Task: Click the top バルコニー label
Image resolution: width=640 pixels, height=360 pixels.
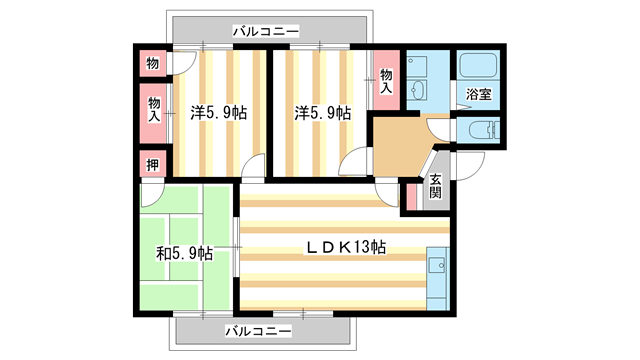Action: pyautogui.click(x=265, y=31)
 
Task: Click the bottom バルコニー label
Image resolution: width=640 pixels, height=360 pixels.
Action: pyautogui.click(x=257, y=330)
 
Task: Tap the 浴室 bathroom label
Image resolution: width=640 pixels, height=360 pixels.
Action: pyautogui.click(x=478, y=94)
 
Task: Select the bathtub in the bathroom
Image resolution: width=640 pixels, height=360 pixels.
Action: pyautogui.click(x=478, y=67)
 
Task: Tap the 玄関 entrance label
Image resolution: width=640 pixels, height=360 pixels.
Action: pyautogui.click(x=436, y=187)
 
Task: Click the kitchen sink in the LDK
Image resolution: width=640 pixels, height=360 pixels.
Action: pyautogui.click(x=436, y=265)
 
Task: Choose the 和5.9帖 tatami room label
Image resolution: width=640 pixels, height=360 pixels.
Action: pyautogui.click(x=185, y=253)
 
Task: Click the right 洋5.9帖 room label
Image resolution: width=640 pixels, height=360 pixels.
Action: pyautogui.click(x=322, y=113)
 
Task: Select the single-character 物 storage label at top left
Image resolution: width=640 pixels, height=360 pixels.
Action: pyautogui.click(x=152, y=64)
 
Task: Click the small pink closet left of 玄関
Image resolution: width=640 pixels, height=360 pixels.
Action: pyautogui.click(x=411, y=196)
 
